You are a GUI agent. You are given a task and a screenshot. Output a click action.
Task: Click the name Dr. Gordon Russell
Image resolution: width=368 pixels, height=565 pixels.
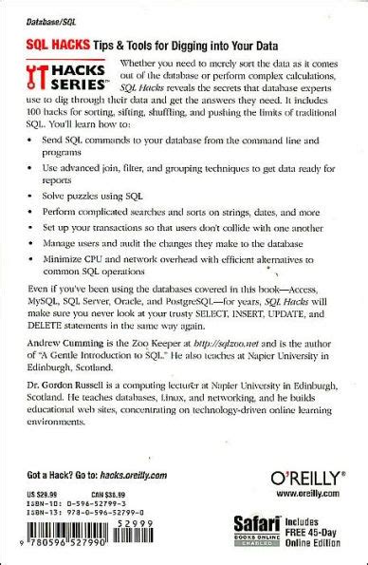click(81, 427)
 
